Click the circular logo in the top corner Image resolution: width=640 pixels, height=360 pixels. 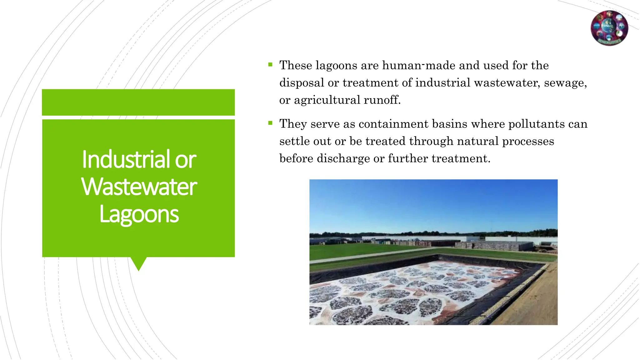(609, 28)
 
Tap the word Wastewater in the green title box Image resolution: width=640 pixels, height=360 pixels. (139, 187)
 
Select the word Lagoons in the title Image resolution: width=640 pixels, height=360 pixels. (139, 214)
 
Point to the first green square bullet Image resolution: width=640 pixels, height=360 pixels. (270, 65)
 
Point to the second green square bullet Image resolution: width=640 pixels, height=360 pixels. (270, 123)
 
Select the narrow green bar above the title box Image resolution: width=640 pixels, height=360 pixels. (138, 102)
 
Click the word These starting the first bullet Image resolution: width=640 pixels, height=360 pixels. (295, 65)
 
